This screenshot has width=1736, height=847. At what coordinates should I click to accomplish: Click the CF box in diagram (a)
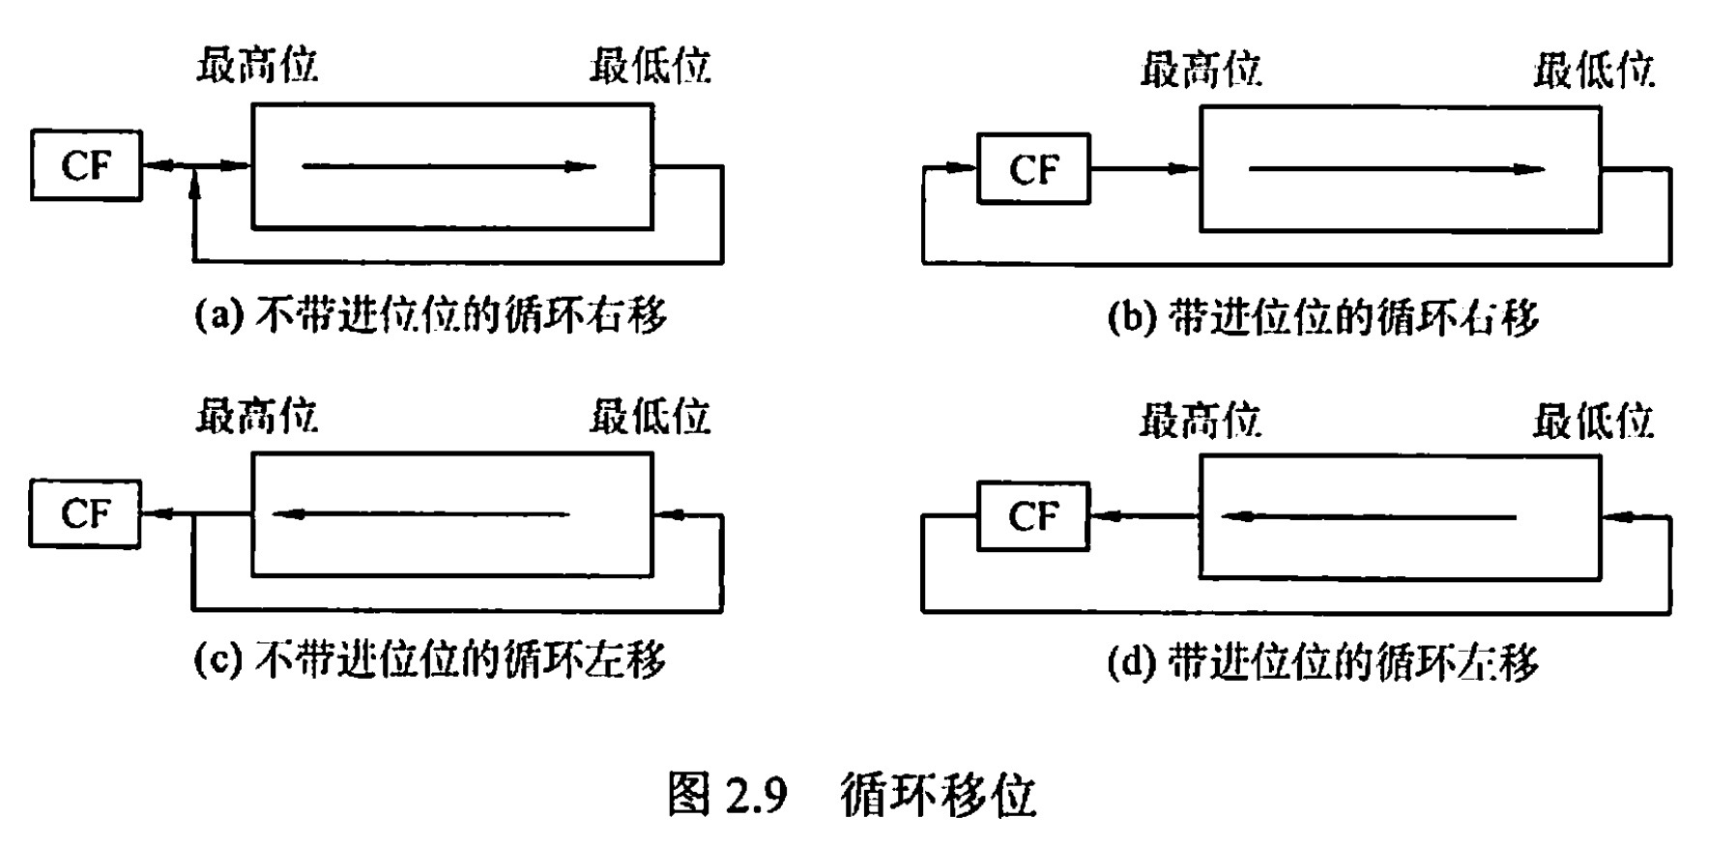pos(86,165)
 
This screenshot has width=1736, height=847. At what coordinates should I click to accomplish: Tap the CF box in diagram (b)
pos(1033,169)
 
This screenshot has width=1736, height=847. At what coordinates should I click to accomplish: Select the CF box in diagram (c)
pos(85,513)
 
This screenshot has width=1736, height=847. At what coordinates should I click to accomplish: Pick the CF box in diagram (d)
pos(1033,516)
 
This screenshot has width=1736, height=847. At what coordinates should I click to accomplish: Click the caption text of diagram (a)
pos(431,315)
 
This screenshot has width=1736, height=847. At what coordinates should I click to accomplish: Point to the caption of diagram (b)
pos(1322,317)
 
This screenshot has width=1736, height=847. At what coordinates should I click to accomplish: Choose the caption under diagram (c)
pos(431,660)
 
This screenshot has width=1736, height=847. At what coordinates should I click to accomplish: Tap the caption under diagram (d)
pos(1322,662)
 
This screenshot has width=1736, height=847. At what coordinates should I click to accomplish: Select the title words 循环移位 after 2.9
pos(938,795)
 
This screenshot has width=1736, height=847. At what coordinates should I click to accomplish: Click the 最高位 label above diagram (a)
pos(257,66)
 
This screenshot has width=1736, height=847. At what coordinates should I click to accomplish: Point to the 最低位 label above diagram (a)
pos(651,66)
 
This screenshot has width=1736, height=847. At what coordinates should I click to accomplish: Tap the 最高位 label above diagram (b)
pos(1201,70)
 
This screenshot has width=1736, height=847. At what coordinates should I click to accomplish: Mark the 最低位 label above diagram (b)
pos(1594,70)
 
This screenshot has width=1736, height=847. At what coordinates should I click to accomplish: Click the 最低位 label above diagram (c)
pos(651,416)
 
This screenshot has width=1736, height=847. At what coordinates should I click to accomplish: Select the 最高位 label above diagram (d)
pos(1201,421)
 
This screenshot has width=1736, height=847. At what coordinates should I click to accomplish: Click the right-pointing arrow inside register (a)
pos(449,166)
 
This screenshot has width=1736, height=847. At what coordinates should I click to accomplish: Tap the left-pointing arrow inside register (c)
pos(422,514)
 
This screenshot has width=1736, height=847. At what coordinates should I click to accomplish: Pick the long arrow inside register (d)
pos(1369,517)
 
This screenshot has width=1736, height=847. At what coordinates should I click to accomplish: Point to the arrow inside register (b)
pos(1397,169)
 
